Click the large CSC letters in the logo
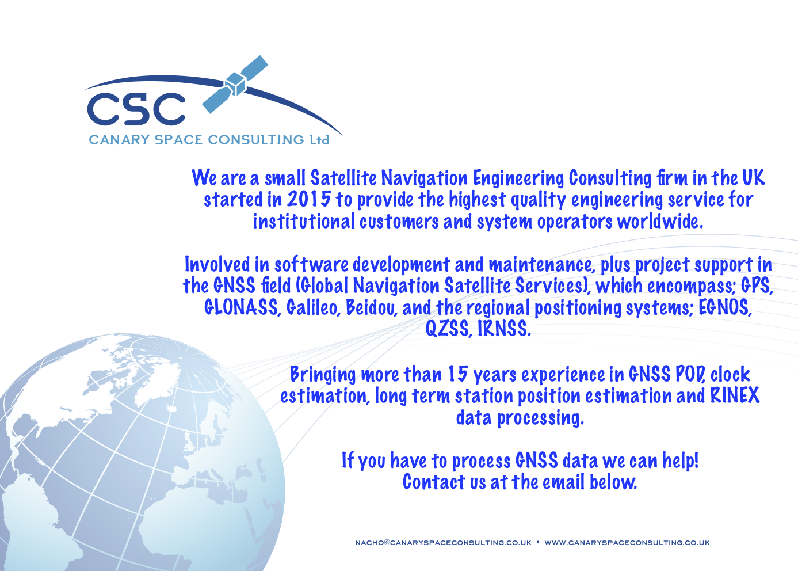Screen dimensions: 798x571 136,109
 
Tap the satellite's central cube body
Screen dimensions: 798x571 235,84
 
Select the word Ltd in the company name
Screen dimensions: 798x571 319,140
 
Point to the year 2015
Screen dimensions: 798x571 309,199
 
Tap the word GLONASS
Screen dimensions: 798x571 241,307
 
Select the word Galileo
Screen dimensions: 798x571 312,307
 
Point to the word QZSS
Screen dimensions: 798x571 449,328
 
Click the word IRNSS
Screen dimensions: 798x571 504,328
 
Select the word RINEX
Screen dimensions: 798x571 735,395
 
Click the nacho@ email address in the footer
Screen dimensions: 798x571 443,542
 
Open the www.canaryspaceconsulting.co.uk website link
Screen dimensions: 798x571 627,542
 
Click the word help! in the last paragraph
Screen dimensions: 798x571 681,460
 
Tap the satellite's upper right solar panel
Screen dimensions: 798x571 254,68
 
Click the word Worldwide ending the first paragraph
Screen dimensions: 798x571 660,221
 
